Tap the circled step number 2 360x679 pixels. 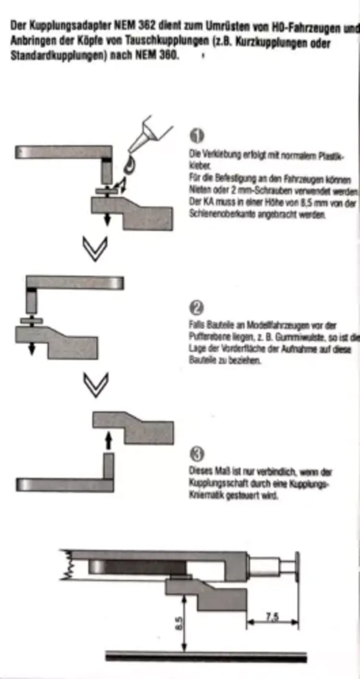pyautogui.click(x=197, y=308)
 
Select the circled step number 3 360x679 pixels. pyautogui.click(x=197, y=453)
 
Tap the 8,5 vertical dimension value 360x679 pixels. pyautogui.click(x=178, y=624)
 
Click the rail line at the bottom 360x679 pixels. pyautogui.click(x=206, y=656)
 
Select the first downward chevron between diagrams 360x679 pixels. pyautogui.click(x=96, y=249)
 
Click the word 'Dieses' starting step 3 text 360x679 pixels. pyautogui.click(x=199, y=472)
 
